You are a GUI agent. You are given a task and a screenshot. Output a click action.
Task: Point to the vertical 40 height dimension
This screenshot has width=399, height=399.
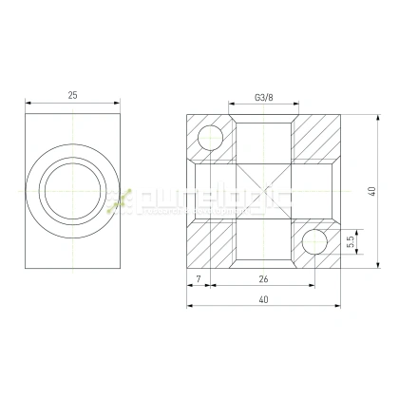[374, 192]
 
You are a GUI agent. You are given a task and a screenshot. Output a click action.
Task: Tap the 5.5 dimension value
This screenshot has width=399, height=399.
[351, 242]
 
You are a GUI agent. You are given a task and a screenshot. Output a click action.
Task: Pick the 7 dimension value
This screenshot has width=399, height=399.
[197, 278]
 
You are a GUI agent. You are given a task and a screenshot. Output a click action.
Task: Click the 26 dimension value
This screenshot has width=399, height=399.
[263, 278]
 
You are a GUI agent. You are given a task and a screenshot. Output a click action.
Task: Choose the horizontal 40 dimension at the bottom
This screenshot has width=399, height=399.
[263, 300]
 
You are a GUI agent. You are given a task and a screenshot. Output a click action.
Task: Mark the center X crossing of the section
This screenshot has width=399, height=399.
[263, 191]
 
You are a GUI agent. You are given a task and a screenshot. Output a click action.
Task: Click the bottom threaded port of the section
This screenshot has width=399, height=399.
[263, 250]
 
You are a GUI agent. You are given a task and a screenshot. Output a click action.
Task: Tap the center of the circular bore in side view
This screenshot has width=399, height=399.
[72, 191]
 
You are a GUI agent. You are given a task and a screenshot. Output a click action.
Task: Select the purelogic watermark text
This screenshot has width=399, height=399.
[204, 200]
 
